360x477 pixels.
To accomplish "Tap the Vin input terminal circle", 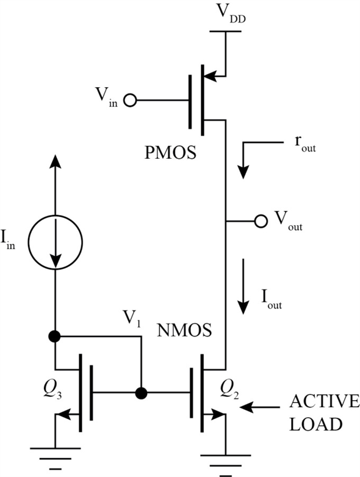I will point(129,99).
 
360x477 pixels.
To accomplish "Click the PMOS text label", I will point(171,151).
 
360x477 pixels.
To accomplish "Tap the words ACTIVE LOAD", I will point(315,413).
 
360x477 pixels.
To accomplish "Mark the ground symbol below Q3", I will point(56,456).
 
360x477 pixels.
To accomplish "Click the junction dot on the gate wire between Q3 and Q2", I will point(141,392).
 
